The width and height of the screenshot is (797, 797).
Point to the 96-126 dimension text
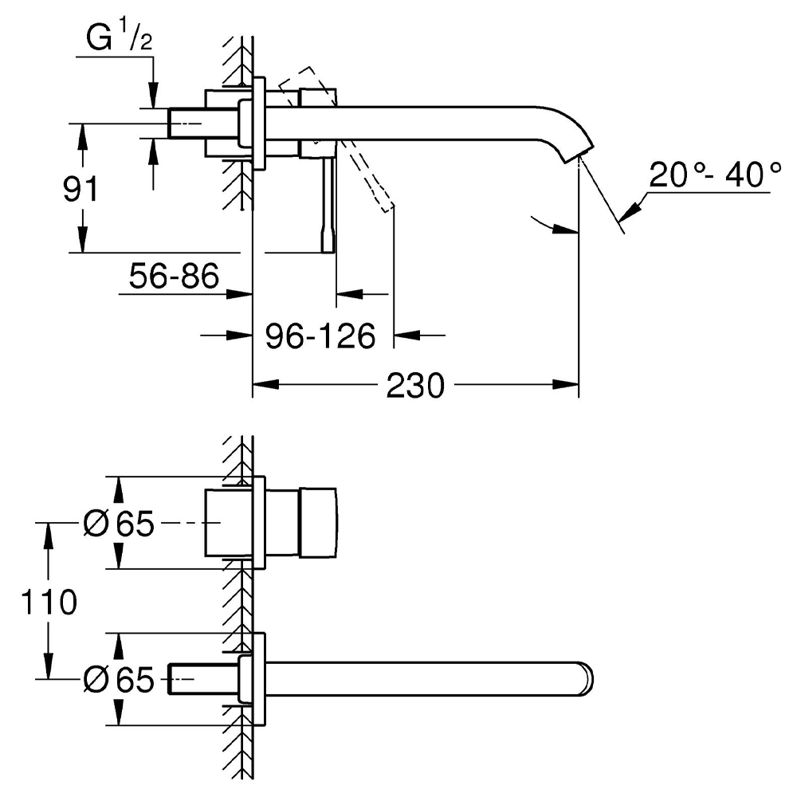[x=320, y=336]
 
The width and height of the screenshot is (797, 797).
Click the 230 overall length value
[x=414, y=387]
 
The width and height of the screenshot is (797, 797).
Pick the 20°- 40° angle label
[x=714, y=175]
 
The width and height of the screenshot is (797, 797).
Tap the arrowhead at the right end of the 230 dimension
[x=571, y=387]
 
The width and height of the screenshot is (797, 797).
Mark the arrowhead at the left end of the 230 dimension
[x=261, y=387]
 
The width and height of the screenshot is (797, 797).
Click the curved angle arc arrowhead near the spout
[x=569, y=231]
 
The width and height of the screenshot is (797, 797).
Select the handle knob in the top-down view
[x=319, y=523]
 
